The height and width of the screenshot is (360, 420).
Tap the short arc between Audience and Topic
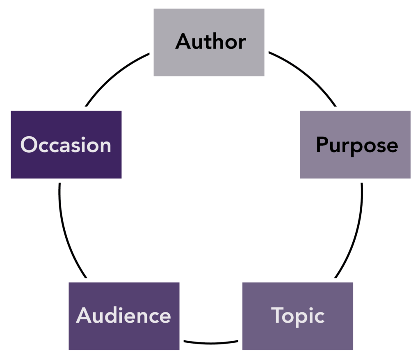(x=211, y=342)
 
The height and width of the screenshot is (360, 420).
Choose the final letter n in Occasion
(x=106, y=147)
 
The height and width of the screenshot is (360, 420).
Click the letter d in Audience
(x=114, y=315)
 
